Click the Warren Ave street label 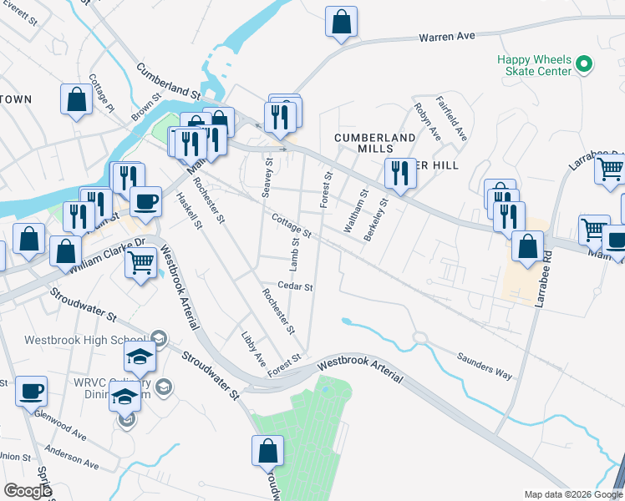(446, 37)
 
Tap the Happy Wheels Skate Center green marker (585, 63)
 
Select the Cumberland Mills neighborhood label (374, 143)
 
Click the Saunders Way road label (485, 365)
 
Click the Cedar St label (296, 286)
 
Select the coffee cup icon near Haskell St (146, 201)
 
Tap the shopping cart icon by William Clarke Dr (140, 263)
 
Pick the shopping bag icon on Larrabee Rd (527, 247)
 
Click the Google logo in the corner (27, 491)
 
